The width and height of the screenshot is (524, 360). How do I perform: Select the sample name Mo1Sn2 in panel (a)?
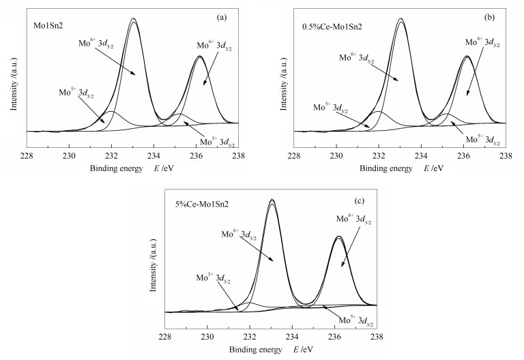48,27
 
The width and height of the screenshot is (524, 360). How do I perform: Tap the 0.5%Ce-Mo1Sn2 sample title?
331,27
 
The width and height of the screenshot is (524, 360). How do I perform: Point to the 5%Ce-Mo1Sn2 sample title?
201,202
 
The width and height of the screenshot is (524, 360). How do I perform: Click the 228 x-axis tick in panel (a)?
27,155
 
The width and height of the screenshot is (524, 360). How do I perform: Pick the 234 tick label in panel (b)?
421,155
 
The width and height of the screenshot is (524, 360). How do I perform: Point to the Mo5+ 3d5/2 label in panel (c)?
213,278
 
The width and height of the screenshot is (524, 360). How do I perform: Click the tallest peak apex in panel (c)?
272,199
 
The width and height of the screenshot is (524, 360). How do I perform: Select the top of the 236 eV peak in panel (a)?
199,56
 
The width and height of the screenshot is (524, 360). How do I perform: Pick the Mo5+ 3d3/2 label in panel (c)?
355,322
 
